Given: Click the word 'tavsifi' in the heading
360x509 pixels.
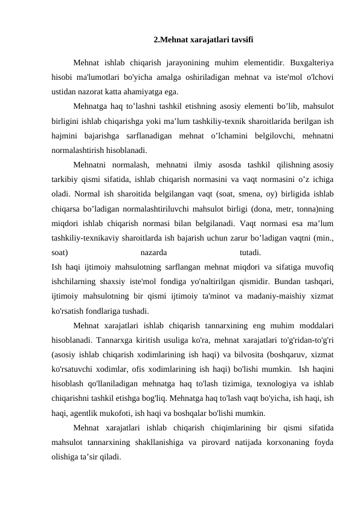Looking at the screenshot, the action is (x=241, y=40).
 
